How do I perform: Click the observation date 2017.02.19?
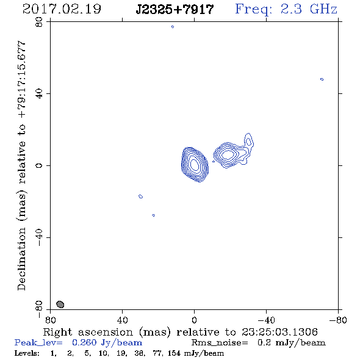tap(62, 9)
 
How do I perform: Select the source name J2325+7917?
tap(175, 10)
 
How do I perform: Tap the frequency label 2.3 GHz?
tap(309, 9)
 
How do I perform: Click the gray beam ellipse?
tap(60, 304)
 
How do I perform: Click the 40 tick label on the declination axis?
tap(39, 94)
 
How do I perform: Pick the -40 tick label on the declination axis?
tap(39, 237)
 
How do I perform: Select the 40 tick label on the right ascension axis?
tap(122, 320)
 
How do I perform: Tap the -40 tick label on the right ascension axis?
tap(266, 320)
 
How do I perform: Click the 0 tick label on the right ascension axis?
tap(194, 320)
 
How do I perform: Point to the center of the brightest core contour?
tap(195, 165)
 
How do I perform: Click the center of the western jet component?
tap(228, 154)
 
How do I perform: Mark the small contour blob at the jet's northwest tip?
tap(248, 142)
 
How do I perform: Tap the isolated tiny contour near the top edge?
tap(173, 27)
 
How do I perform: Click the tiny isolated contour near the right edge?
tap(322, 79)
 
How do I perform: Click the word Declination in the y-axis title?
tap(21, 259)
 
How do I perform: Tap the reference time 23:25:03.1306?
tap(279, 332)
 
